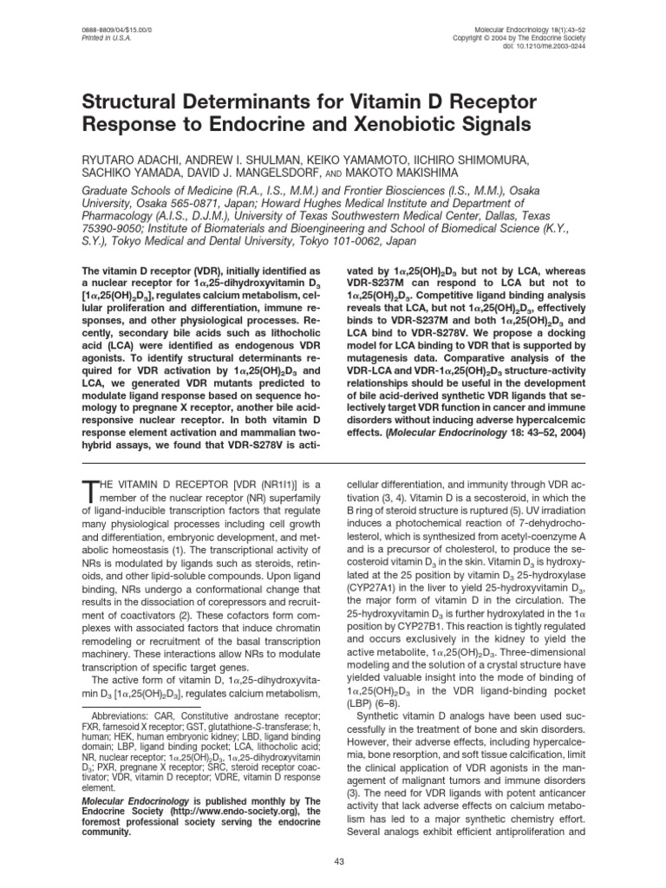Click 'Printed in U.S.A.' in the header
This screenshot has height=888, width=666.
pos(96,38)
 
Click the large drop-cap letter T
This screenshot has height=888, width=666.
pos(91,493)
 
